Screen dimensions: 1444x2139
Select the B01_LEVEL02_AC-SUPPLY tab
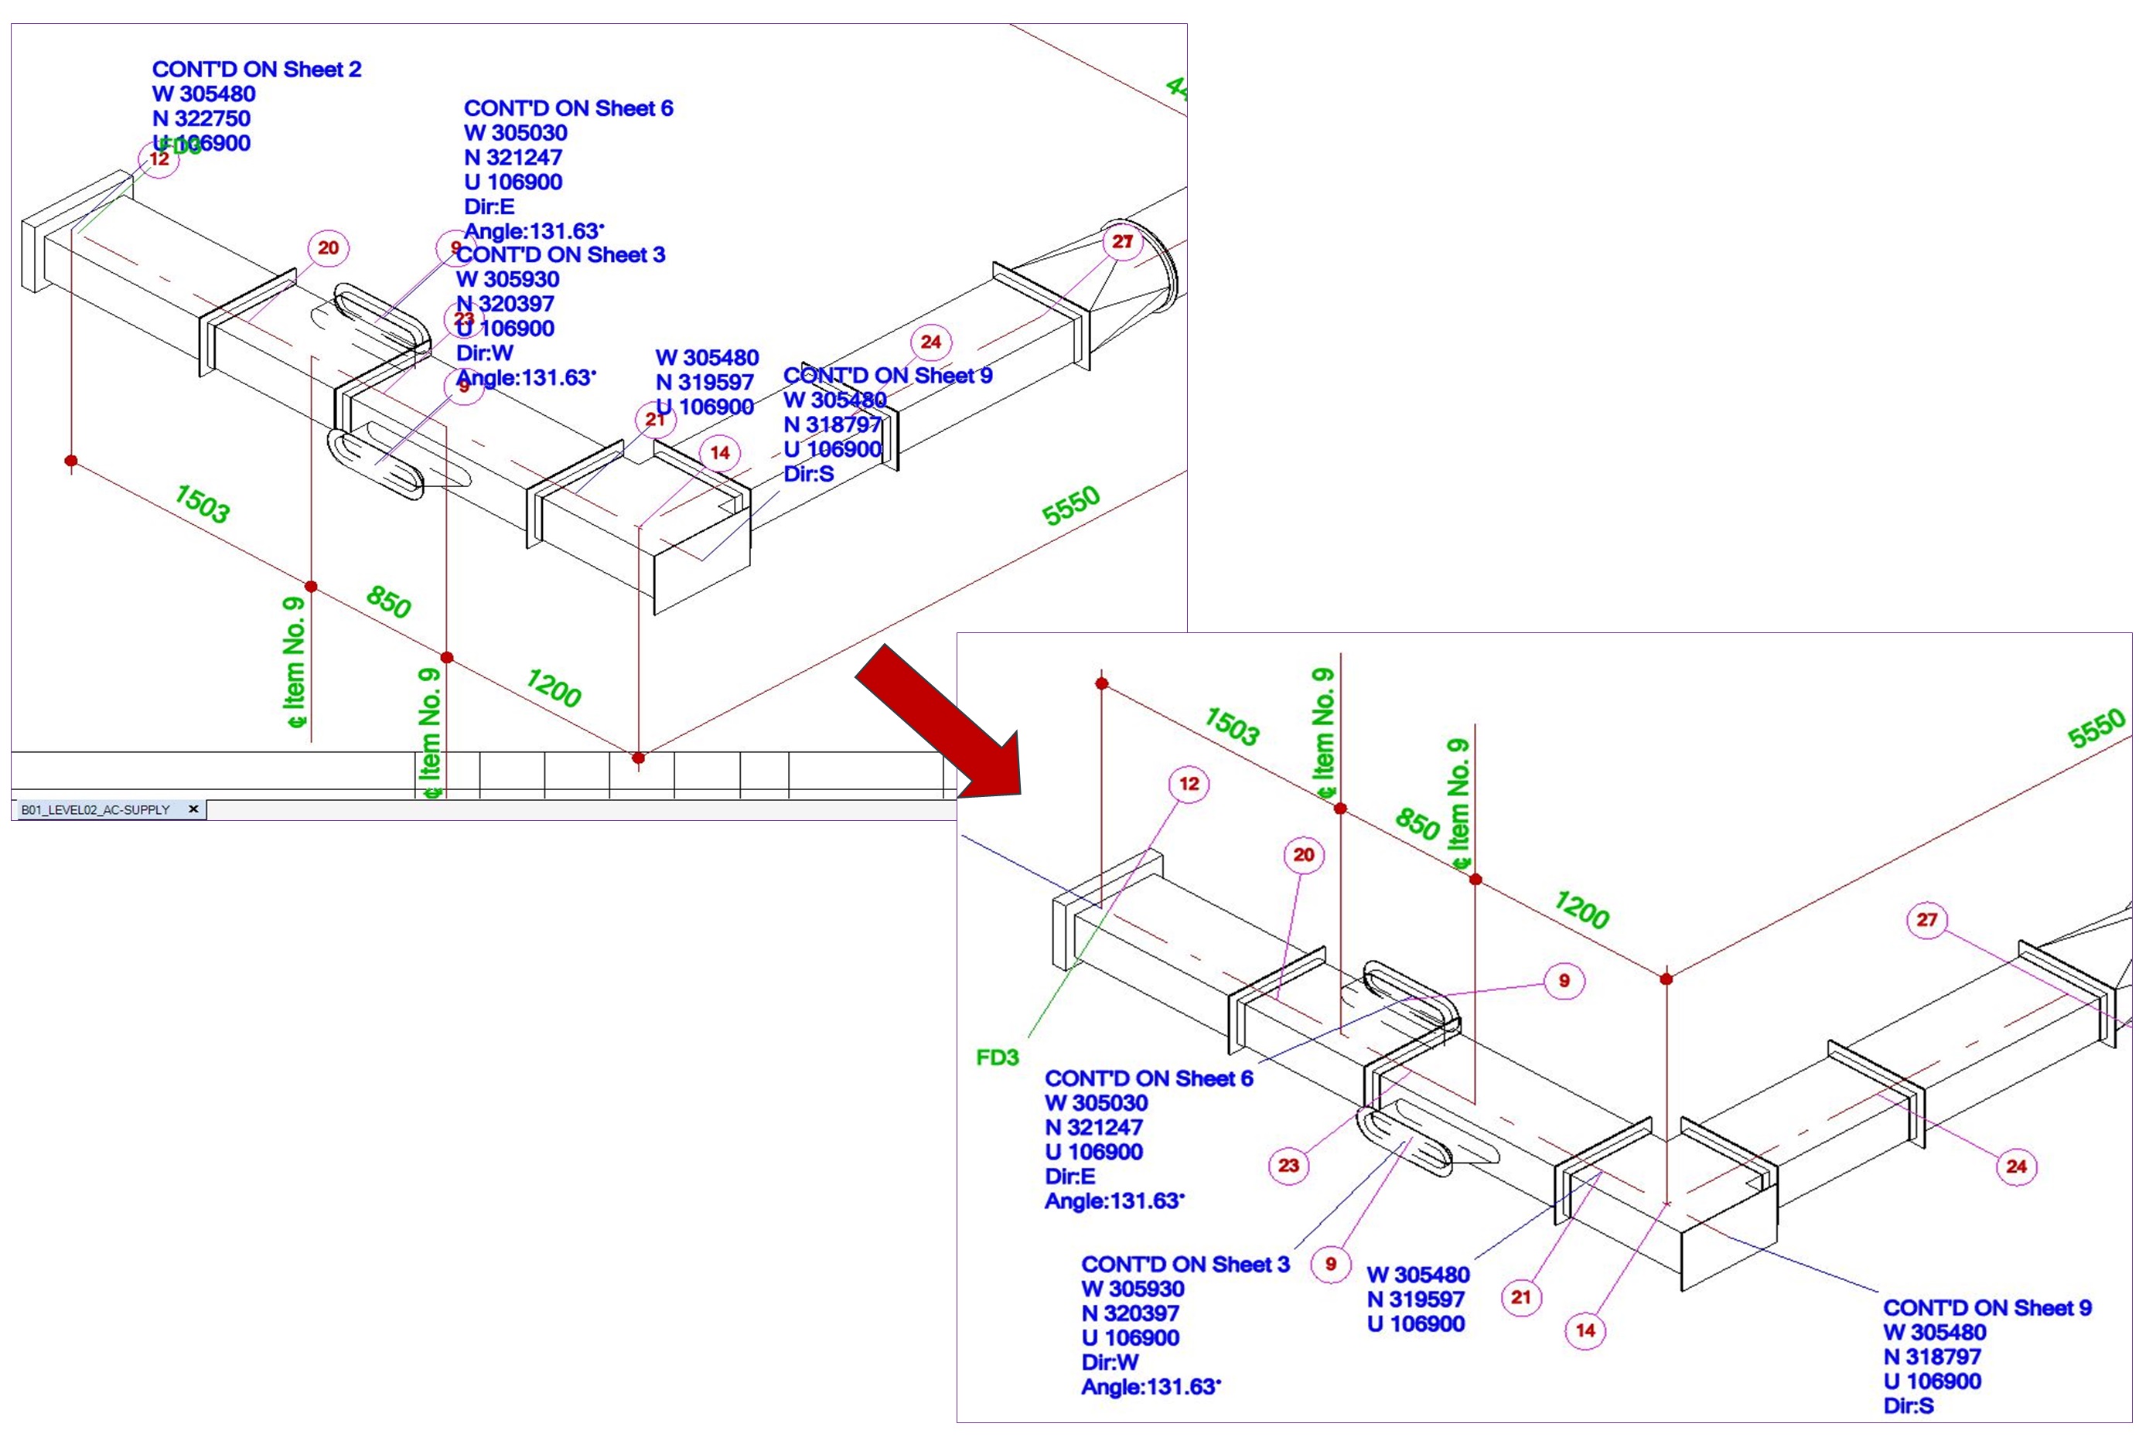point(96,810)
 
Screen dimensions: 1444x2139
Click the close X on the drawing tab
point(193,809)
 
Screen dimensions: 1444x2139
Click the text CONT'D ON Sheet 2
point(256,69)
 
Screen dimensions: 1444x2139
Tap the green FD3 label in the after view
point(997,1057)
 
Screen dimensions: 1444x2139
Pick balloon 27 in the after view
point(1927,919)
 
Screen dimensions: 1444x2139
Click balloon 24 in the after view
point(2016,1166)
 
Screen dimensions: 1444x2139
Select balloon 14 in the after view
point(1585,1330)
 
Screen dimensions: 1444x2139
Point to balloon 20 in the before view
point(328,247)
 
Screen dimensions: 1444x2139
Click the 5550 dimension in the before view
point(1070,506)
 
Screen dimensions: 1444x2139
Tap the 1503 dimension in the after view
point(1231,726)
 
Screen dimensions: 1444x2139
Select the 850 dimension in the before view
point(388,602)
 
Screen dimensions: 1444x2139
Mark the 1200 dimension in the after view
point(1581,909)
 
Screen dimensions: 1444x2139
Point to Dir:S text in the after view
point(1908,1405)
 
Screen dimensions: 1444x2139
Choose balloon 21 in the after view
point(1520,1297)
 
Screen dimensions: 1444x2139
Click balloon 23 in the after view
point(1288,1165)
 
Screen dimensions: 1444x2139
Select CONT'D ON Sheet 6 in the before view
point(568,108)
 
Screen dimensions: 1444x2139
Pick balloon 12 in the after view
point(1189,784)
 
